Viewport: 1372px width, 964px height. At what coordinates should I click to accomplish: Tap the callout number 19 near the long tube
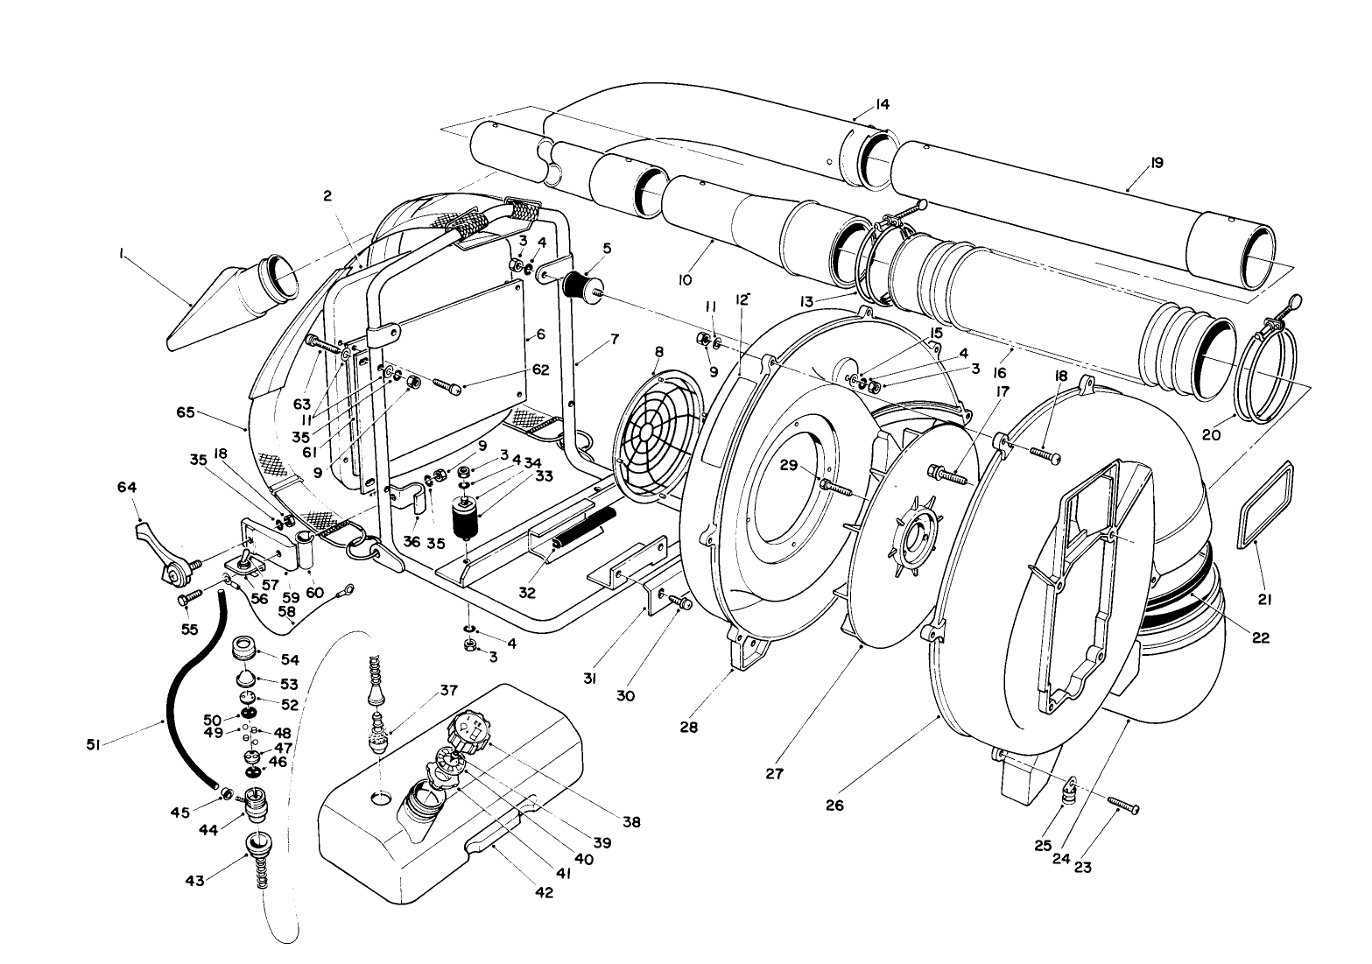click(1157, 163)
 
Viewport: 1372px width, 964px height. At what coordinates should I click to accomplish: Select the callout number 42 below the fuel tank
click(545, 893)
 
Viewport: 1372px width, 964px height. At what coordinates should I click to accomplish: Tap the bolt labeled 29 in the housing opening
click(835, 486)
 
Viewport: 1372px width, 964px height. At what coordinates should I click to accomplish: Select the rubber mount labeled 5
click(578, 285)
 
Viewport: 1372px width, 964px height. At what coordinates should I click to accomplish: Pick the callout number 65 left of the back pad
click(208, 412)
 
